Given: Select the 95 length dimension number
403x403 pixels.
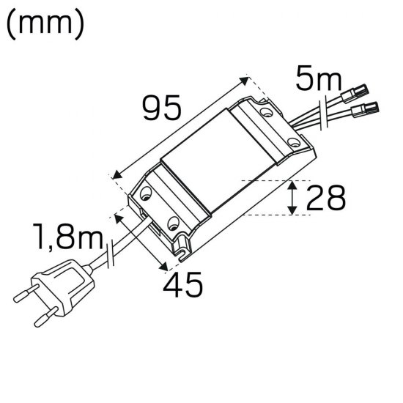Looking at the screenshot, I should pyautogui.click(x=161, y=110).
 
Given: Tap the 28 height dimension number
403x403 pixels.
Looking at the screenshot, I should pyautogui.click(x=326, y=199).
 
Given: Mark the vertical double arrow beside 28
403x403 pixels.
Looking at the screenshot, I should pyautogui.click(x=292, y=198).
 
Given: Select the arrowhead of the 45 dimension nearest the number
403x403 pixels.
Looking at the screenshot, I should pyautogui.click(x=166, y=266).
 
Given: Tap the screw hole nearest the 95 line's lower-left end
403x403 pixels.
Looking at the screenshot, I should pyautogui.click(x=146, y=195).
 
